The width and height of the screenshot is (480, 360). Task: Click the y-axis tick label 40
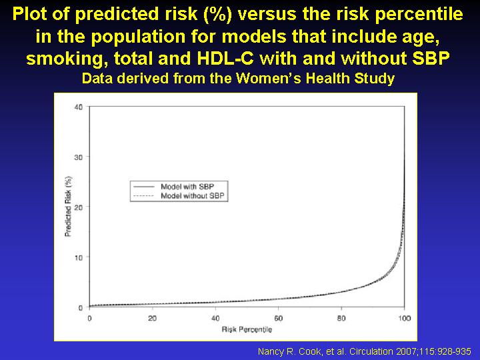(x=79, y=107)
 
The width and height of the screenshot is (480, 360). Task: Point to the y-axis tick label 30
(x=79, y=157)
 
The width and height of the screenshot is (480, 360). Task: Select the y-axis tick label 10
(x=79, y=257)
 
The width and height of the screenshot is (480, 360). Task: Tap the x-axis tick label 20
(x=153, y=319)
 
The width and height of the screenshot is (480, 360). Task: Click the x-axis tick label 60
(x=278, y=319)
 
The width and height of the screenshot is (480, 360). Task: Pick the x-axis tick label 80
(x=341, y=319)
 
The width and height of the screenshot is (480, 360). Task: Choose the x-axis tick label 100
(x=405, y=319)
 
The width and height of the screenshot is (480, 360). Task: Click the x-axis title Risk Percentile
(x=247, y=330)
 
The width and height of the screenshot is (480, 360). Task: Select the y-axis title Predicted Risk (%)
(x=68, y=206)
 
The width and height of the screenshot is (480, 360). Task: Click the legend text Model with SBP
(x=187, y=187)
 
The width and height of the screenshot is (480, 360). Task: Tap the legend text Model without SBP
(x=193, y=195)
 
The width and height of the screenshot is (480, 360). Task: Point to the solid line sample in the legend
(x=143, y=187)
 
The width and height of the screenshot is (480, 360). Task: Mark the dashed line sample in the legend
(x=143, y=196)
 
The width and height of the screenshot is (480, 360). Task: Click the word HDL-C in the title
(x=225, y=58)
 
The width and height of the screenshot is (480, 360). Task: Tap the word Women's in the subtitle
(x=270, y=79)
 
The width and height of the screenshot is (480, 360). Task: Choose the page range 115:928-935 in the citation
(x=445, y=351)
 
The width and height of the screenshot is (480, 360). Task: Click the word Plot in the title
(x=30, y=14)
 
